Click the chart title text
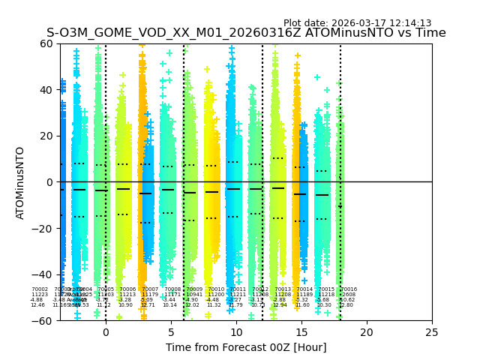pos(246,33)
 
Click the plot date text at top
pos(357,23)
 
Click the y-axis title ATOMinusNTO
pos(21,182)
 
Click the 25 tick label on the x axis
pos(432,331)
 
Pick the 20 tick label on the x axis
pos(367,331)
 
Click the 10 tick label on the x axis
pos(236,331)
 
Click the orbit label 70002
pos(39,289)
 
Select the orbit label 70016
pos(349,289)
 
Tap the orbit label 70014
pos(304,289)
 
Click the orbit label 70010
pos(216,289)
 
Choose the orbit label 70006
pos(127,289)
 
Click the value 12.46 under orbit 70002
pos(37,305)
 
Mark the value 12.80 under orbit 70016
pos(346,305)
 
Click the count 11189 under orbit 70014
pos(304,295)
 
